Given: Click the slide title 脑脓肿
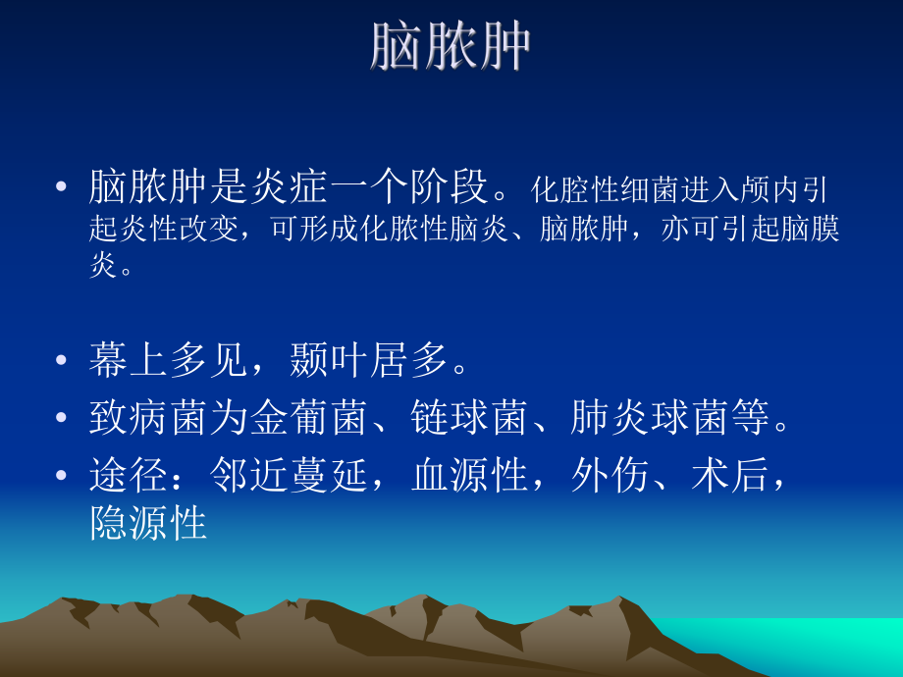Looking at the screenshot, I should coord(451,46).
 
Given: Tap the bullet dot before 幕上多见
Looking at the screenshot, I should coord(63,362).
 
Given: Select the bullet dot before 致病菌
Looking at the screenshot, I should coord(63,420).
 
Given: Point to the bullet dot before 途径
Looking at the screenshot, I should coord(63,478).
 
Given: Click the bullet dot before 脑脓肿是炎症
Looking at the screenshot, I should coord(63,186).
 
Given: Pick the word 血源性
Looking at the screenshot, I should coord(471,478).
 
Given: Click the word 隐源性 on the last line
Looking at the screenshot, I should coord(148,524).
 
